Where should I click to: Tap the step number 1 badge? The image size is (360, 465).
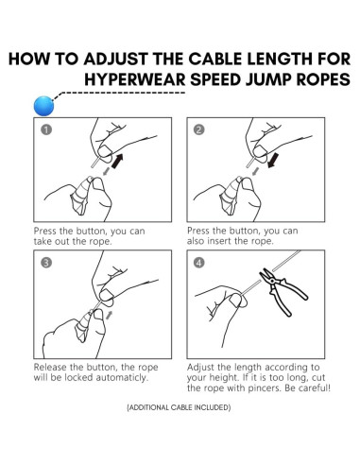coord(44,130)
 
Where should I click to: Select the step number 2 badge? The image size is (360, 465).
coord(199,130)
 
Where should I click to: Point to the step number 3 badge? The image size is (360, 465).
coord(44,263)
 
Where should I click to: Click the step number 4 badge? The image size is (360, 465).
coord(199,263)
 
